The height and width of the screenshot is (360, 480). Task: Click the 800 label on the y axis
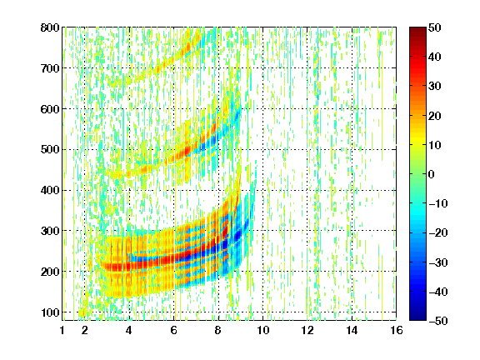pos(50,27)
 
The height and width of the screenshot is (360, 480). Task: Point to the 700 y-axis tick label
pos(50,68)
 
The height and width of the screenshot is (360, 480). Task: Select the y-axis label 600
pos(50,109)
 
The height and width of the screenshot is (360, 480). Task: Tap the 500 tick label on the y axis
pos(50,150)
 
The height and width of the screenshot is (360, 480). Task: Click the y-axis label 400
pos(50,190)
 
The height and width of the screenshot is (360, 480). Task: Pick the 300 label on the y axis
pos(50,231)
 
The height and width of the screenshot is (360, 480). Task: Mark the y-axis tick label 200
pos(50,272)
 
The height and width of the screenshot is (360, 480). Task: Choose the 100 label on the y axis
pos(50,312)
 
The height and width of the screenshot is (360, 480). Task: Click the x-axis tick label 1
pos(62,330)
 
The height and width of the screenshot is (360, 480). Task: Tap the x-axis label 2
pos(85,330)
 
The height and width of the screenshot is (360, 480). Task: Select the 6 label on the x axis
pos(174,330)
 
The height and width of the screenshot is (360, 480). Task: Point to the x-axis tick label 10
pos(263,330)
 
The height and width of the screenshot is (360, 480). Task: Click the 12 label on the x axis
pos(307,330)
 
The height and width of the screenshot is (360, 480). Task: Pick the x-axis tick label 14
pos(352,330)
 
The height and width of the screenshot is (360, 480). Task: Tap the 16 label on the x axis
pos(397,330)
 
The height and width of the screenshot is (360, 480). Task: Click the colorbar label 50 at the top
pos(434,27)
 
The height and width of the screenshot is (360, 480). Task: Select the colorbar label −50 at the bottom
pos(438,321)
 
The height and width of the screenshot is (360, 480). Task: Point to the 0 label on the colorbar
pos(432,174)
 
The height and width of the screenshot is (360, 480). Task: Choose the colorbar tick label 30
pos(434,87)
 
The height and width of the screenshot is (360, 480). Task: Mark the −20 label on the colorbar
pos(438,233)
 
